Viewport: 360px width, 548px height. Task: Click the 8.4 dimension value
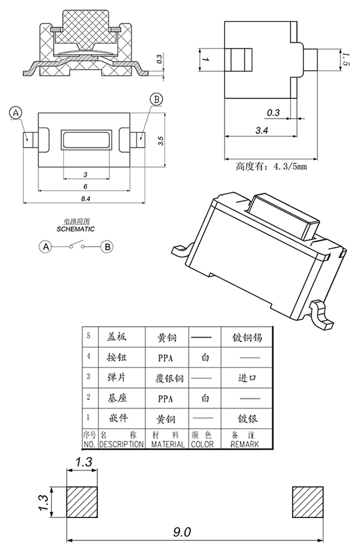point(85,198)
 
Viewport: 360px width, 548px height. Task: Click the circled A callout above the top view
point(16,113)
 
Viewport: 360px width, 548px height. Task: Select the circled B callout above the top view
point(157,100)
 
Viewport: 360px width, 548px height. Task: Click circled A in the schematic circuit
point(46,247)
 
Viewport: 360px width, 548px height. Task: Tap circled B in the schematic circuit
point(107,247)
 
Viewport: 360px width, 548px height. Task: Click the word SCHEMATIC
point(75,229)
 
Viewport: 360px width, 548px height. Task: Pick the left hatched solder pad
point(82,502)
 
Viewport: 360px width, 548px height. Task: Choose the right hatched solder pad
point(307,502)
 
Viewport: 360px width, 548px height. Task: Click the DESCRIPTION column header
point(122,444)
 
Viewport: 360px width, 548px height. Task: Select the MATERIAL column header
point(167,444)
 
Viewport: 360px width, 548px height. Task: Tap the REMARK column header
point(244,444)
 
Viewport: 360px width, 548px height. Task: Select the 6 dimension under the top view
point(85,186)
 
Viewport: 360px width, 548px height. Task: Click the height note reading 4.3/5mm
point(271,167)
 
